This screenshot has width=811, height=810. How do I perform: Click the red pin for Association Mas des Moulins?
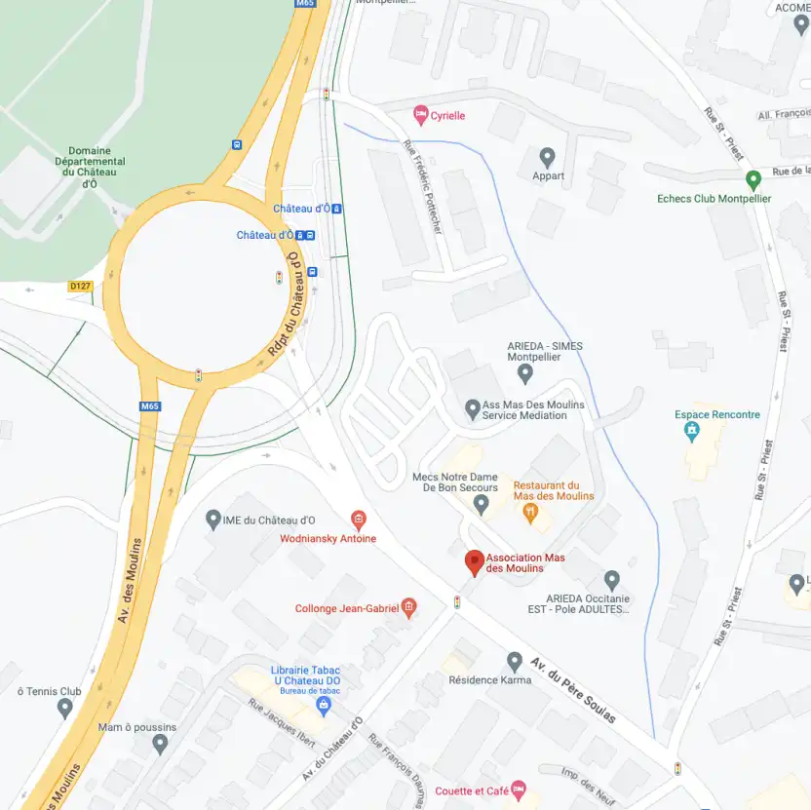point(474,562)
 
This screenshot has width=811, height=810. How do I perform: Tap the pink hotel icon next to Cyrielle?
point(421,115)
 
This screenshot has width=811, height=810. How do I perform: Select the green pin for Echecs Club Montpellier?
point(753,180)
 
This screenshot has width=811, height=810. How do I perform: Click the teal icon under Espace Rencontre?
point(692,430)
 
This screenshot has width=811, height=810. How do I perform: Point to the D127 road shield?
point(79,287)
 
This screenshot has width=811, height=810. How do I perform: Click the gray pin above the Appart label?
point(547,157)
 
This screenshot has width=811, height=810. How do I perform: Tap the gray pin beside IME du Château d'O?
point(213,520)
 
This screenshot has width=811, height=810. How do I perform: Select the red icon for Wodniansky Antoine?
point(358,520)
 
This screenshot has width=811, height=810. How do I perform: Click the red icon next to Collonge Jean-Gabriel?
point(408,608)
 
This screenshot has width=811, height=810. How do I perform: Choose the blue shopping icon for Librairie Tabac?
point(324,704)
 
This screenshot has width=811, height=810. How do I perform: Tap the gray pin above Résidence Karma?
point(515,662)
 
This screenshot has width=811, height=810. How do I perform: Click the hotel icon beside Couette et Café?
point(519,788)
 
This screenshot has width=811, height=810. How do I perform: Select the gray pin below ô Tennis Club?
point(65,709)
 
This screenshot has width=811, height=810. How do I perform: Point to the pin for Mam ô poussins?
point(161,745)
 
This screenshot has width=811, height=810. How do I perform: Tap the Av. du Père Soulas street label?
point(573,689)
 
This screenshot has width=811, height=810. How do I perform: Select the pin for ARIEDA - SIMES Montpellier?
point(525,373)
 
